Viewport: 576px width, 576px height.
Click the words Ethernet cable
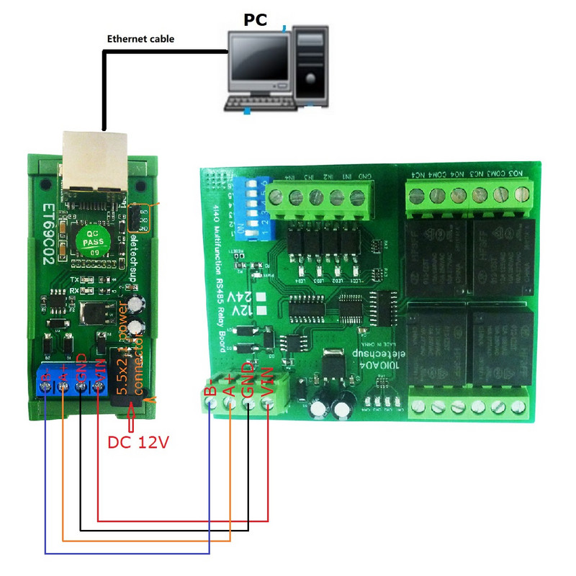[140, 38]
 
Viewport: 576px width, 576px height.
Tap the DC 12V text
[138, 442]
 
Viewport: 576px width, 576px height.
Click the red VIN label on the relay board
[268, 382]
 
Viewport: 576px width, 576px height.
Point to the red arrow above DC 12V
[131, 417]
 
